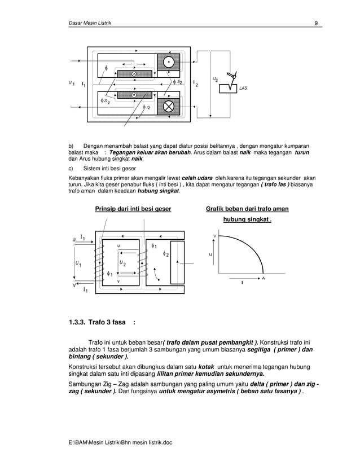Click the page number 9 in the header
(x=317, y=23)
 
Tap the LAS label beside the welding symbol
(x=243, y=89)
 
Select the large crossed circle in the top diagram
(x=168, y=105)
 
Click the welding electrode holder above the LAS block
(x=231, y=76)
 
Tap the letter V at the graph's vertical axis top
(x=214, y=235)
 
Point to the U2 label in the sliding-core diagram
(x=122, y=263)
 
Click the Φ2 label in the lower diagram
(x=168, y=254)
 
